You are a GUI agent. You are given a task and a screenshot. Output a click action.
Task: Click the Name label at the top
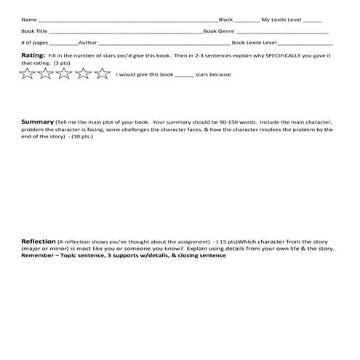[x=28, y=20]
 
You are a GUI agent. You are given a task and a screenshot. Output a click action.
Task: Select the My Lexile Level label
[x=281, y=20]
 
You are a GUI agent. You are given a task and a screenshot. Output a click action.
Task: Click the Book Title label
[x=34, y=31]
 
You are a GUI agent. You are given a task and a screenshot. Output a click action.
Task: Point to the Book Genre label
[x=219, y=31]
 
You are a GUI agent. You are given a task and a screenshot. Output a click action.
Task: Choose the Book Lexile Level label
[x=249, y=43]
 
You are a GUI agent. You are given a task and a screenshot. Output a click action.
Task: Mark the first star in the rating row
[x=28, y=73]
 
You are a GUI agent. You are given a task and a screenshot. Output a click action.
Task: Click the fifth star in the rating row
[x=103, y=73]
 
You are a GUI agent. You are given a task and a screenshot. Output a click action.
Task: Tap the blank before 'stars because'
[x=184, y=75]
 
